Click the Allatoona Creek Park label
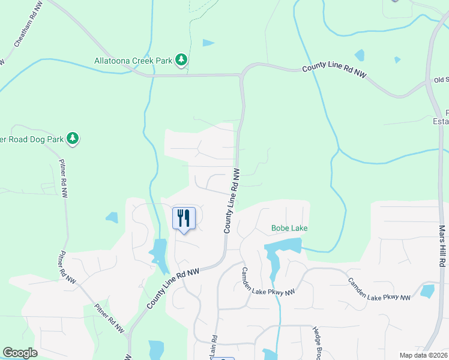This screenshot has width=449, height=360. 133,60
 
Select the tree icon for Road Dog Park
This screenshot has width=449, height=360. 73,139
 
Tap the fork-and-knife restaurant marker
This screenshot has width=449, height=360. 184,218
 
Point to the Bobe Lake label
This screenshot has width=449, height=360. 289,228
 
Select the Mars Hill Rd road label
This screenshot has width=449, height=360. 442,246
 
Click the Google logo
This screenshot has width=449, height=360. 20,353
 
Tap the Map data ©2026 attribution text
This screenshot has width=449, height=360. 424,355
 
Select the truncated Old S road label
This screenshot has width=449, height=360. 441,80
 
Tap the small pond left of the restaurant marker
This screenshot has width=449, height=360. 112,217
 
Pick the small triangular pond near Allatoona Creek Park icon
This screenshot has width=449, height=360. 208,43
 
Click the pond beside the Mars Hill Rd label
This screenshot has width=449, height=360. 427,291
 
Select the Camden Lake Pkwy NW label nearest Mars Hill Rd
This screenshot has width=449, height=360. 379,289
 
